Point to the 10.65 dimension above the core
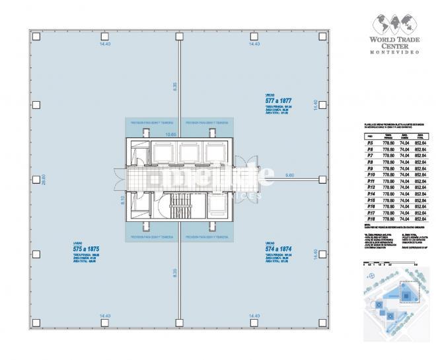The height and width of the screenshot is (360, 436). click(170, 134)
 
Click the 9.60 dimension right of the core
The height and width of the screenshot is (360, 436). click(289, 175)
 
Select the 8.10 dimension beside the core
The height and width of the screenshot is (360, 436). click(123, 199)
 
